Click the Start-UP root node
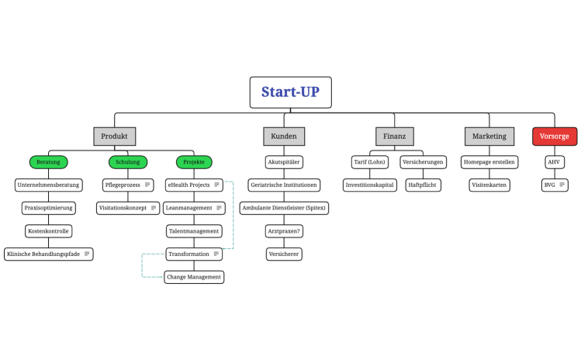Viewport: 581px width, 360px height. click(x=290, y=92)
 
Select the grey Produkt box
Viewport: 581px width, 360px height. click(x=114, y=136)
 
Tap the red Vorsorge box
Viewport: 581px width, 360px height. click(x=554, y=136)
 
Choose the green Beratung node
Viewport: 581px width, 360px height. click(x=48, y=162)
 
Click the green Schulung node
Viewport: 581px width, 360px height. click(x=128, y=162)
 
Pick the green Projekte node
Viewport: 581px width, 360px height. click(x=193, y=162)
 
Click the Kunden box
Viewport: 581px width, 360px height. click(x=283, y=136)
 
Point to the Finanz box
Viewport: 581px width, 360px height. click(x=394, y=136)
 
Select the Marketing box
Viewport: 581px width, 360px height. click(x=489, y=136)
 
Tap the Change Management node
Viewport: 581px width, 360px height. click(x=194, y=277)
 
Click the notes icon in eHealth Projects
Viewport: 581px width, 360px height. click(x=216, y=185)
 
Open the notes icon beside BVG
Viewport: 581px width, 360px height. click(x=562, y=185)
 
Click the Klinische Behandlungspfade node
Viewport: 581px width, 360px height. click(x=48, y=254)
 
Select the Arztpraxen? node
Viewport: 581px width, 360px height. click(x=283, y=231)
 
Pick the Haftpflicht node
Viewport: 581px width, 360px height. click(x=423, y=185)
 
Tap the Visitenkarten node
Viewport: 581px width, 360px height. click(x=489, y=185)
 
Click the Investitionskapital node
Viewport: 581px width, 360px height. click(x=369, y=185)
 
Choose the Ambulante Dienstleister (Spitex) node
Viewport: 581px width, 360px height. click(x=283, y=208)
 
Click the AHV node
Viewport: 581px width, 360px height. click(x=553, y=162)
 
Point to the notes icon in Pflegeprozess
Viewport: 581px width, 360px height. click(x=147, y=185)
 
